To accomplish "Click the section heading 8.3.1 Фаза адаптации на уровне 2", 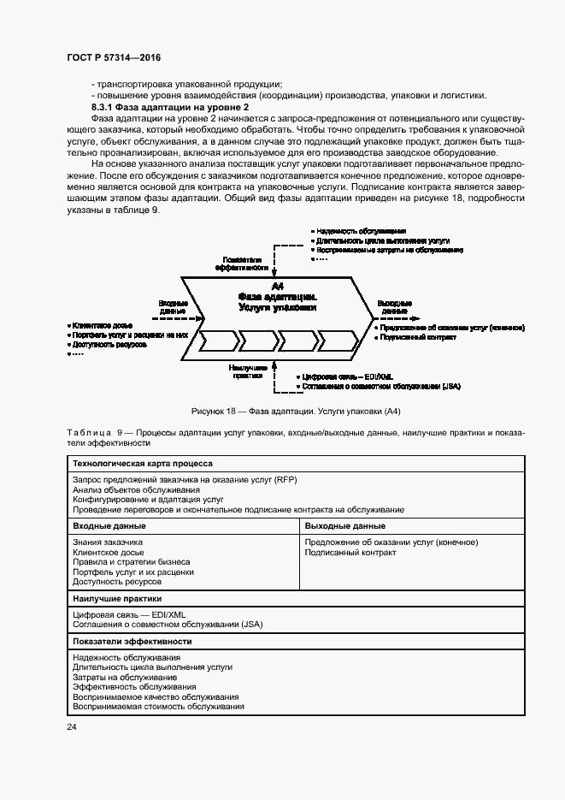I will tap(170, 106).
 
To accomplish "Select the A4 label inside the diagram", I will tap(277, 284).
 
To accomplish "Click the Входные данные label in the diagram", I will tap(172, 306).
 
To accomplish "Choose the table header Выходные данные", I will tap(344, 525).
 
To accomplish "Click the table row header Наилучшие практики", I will tap(117, 599).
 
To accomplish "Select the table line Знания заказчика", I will tap(108, 542).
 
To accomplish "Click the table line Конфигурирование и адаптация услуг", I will tap(148, 499).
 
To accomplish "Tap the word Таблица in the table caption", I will tap(88, 434).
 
